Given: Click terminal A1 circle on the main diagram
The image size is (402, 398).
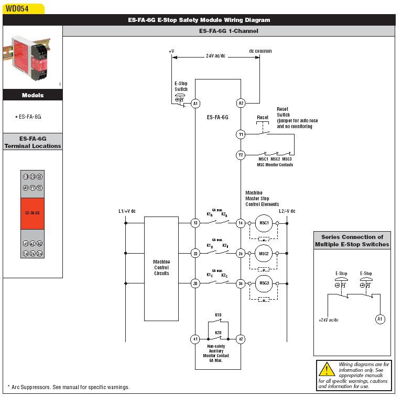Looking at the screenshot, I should point(195,104).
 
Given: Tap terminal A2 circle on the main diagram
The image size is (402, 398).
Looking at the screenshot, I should point(241,104).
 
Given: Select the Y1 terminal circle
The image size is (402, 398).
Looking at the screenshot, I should point(241,134).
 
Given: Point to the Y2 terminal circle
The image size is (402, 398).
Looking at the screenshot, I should point(241,155).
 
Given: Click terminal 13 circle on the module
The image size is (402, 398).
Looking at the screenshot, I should point(195,223).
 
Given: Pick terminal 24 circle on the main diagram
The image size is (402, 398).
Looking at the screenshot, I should point(241,254).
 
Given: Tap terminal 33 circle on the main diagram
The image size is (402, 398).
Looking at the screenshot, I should point(195,284).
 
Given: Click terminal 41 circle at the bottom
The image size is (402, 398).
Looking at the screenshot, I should point(195,339).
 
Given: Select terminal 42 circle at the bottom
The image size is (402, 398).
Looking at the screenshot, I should point(241,339).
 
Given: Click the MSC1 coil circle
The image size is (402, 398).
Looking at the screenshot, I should point(264,223).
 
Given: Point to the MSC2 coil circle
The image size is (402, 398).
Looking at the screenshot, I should point(264,254).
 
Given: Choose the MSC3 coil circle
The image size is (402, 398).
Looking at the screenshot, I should point(264,284).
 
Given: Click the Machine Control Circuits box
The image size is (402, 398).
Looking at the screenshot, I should point(161,268).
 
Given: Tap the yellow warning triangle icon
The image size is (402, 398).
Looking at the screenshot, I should point(327,369).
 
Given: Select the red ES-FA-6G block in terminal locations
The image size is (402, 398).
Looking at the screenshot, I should point(32,213).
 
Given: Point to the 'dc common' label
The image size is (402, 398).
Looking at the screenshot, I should point(260,51).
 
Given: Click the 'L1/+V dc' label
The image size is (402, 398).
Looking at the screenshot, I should point(127,211).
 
